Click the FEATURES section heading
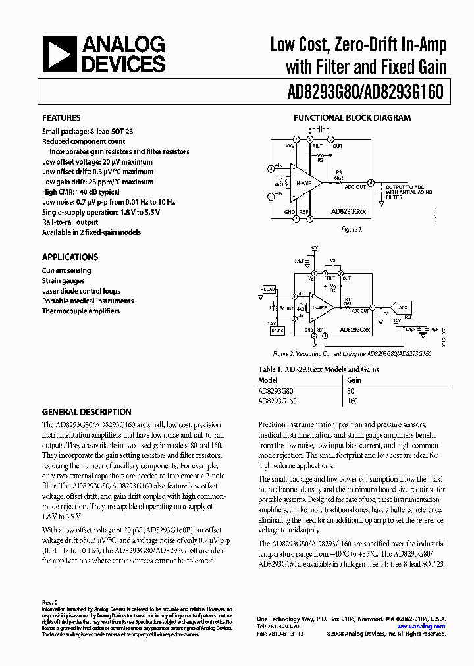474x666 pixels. click(x=61, y=118)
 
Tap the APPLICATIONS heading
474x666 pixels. click(x=70, y=257)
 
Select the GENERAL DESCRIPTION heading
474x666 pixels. click(x=86, y=413)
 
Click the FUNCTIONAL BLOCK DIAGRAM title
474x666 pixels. click(x=352, y=118)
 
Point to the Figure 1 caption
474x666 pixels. click(x=352, y=230)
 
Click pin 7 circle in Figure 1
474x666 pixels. click(x=297, y=140)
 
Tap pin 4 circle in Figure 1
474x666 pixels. click(x=371, y=182)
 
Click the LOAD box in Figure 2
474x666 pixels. click(x=269, y=289)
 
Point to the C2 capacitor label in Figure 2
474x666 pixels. click(x=332, y=261)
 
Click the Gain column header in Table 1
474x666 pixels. click(x=355, y=380)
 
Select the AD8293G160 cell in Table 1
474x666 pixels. click(x=277, y=401)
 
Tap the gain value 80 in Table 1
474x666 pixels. click(x=351, y=390)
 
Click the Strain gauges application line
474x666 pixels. click(x=63, y=281)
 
